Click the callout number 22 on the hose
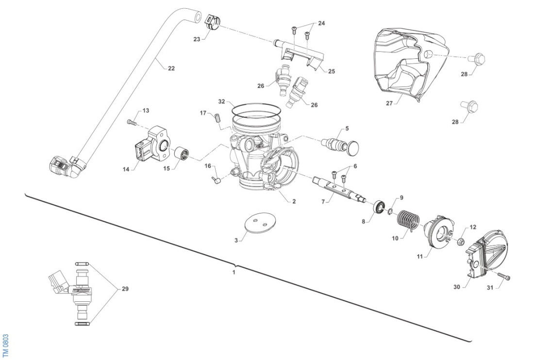171,68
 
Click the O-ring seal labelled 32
256,110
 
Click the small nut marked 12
462,241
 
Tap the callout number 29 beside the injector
125,290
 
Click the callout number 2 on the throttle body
294,201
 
